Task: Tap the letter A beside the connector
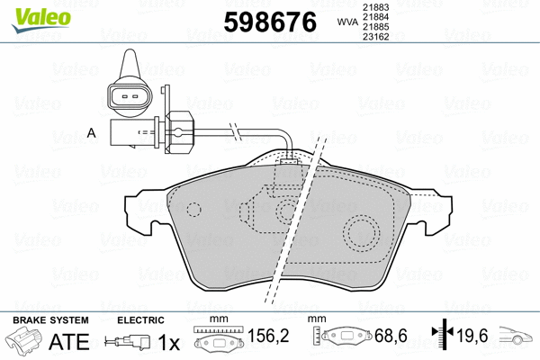coord(91,133)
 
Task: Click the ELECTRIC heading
coord(140,320)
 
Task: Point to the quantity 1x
coord(167,343)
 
